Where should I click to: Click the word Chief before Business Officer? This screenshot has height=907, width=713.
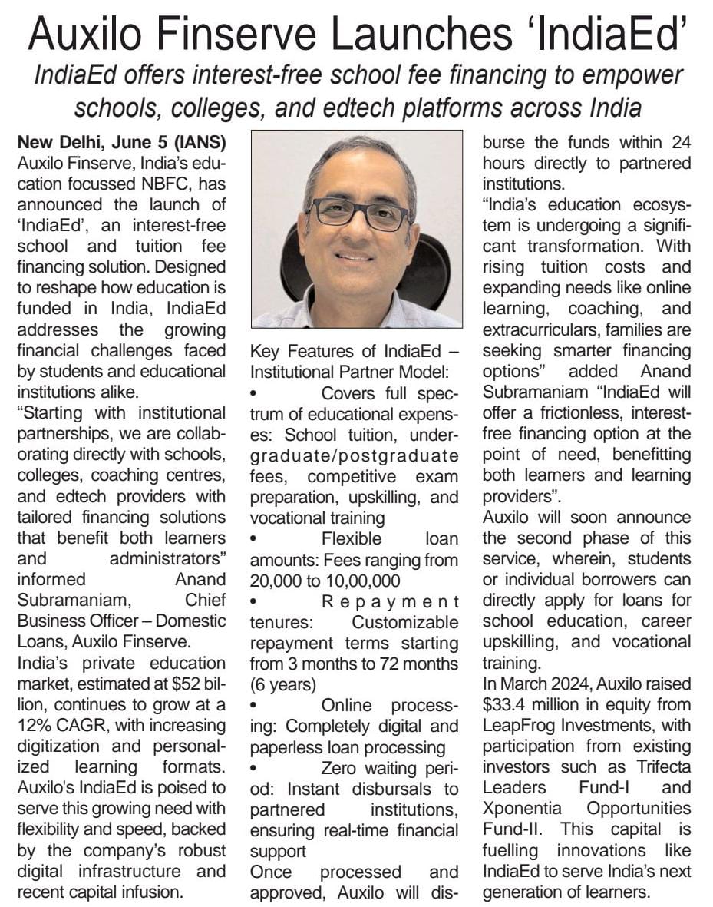(203, 599)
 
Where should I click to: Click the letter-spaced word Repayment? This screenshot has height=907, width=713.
(391, 601)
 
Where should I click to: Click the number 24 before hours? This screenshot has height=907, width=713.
(676, 142)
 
